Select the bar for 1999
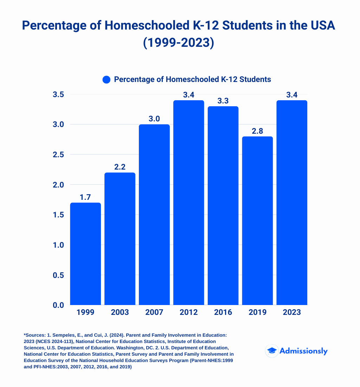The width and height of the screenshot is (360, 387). click(85, 254)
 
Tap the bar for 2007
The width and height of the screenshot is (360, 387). click(154, 215)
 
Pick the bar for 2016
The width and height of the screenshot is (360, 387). click(223, 205)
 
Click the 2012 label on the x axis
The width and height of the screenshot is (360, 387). click(189, 312)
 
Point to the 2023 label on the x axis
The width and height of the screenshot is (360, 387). click(292, 312)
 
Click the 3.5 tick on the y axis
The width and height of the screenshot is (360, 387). click(58, 95)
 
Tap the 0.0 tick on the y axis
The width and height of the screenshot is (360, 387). click(58, 305)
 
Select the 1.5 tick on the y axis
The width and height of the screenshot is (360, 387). click(58, 215)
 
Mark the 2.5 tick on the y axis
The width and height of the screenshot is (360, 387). click(58, 155)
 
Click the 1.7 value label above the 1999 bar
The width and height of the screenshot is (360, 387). click(85, 197)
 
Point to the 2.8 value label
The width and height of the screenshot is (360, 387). click(257, 131)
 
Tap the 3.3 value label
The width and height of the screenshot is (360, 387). click(223, 101)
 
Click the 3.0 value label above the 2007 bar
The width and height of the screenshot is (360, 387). click(154, 119)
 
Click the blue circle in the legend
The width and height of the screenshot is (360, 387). click(107, 80)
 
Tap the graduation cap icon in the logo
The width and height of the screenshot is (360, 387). click(272, 351)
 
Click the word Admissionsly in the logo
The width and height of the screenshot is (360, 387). click(303, 351)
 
